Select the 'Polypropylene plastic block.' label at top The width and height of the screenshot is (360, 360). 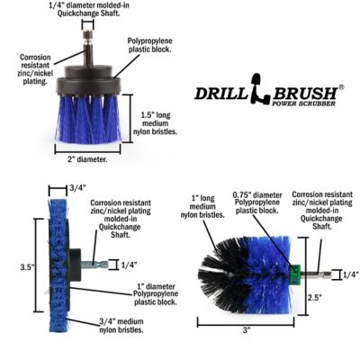click(155, 46)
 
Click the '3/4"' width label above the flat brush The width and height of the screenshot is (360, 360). click(78, 188)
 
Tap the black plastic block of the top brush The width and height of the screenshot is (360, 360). click(87, 83)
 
